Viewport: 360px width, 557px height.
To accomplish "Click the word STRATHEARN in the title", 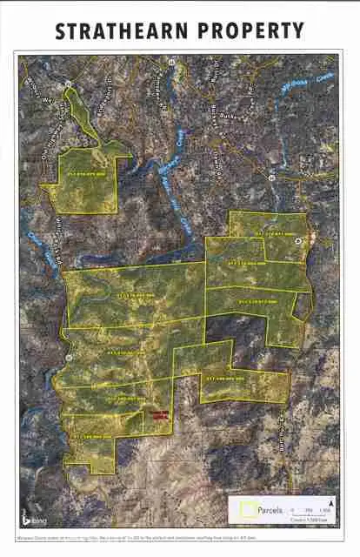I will pos(113,30).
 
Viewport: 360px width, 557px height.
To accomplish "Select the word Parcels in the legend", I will pos(267,505).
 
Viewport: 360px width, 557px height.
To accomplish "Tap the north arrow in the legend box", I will pos(331,503).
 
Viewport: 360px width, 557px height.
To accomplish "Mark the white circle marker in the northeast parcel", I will pos(300,238).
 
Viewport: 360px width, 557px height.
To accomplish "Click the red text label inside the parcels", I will pos(157,415).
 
